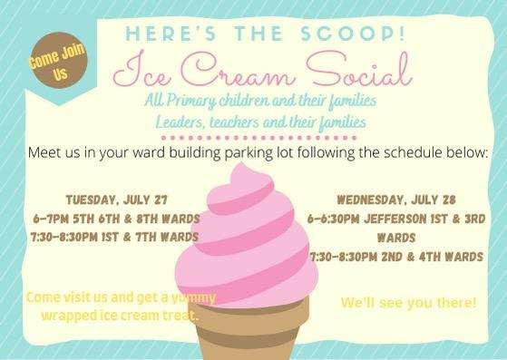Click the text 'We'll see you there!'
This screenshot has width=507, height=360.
[408, 301]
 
